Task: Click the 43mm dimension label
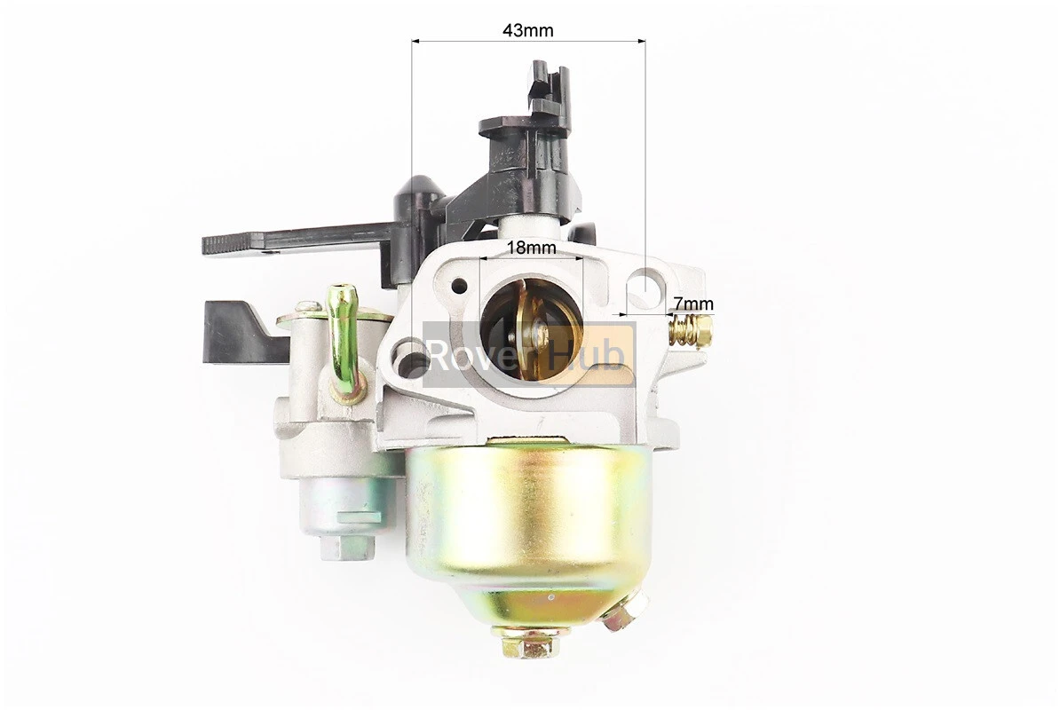[528, 30]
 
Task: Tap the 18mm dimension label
[532, 248]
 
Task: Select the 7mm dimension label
[693, 305]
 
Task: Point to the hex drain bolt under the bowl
[531, 642]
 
